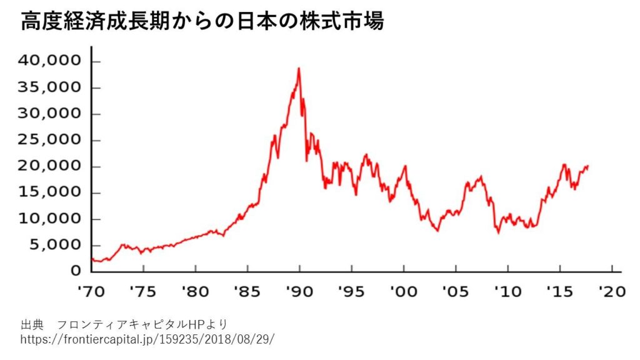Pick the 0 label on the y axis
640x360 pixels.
point(76,271)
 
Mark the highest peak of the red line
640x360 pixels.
point(299,68)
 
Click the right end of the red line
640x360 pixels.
point(588,166)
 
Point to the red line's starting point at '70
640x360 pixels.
point(92,258)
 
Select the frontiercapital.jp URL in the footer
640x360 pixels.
point(147,339)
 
